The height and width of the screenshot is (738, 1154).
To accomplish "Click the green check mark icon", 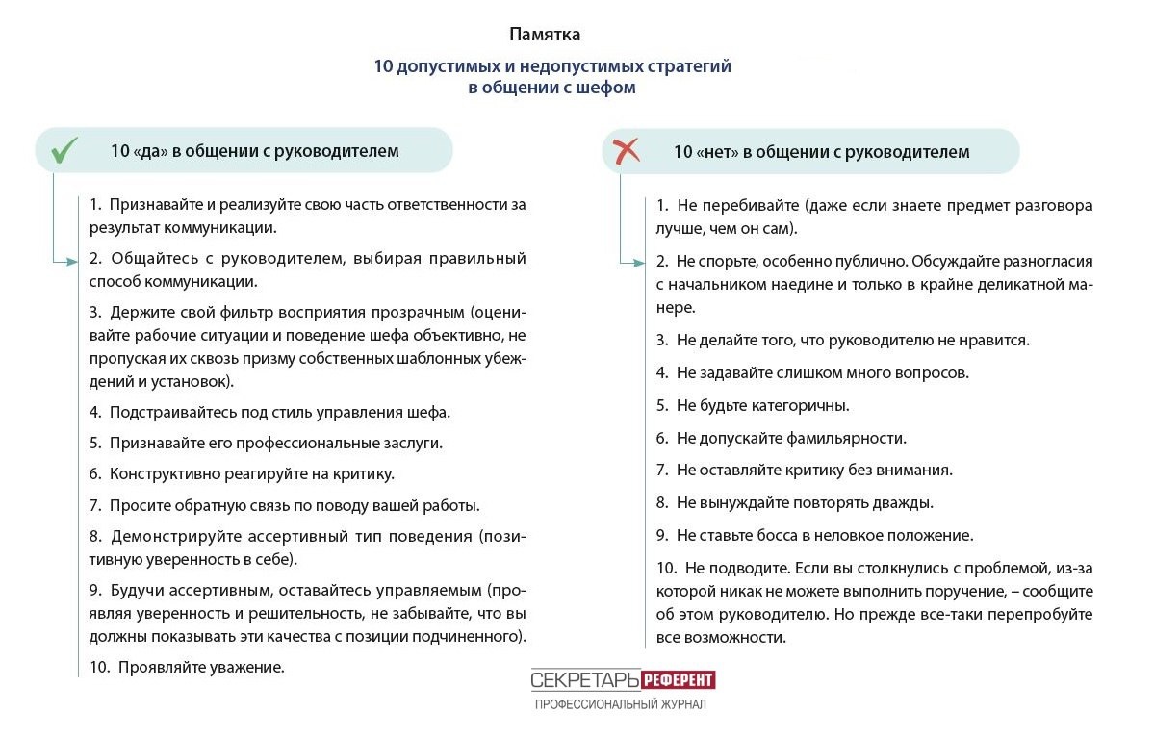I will [64, 150].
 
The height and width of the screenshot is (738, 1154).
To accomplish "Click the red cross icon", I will [627, 150].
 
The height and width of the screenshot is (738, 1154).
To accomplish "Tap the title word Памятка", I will [545, 36].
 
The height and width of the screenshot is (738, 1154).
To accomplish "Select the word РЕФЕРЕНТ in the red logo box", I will [679, 680].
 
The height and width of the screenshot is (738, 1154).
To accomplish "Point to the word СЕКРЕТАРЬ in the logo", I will [585, 680].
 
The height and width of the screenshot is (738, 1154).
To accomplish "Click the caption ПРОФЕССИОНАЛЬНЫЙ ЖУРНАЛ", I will [621, 705].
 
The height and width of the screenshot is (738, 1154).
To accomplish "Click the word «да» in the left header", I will [148, 151].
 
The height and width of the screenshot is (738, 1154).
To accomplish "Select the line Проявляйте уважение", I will [200, 666].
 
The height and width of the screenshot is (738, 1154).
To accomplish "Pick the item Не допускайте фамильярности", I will [791, 438].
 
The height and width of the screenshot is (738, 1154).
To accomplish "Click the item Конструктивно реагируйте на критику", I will [251, 473].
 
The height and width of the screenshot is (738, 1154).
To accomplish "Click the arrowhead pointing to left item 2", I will [71, 261].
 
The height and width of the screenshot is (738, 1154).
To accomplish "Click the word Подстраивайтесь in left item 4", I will [167, 412].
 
